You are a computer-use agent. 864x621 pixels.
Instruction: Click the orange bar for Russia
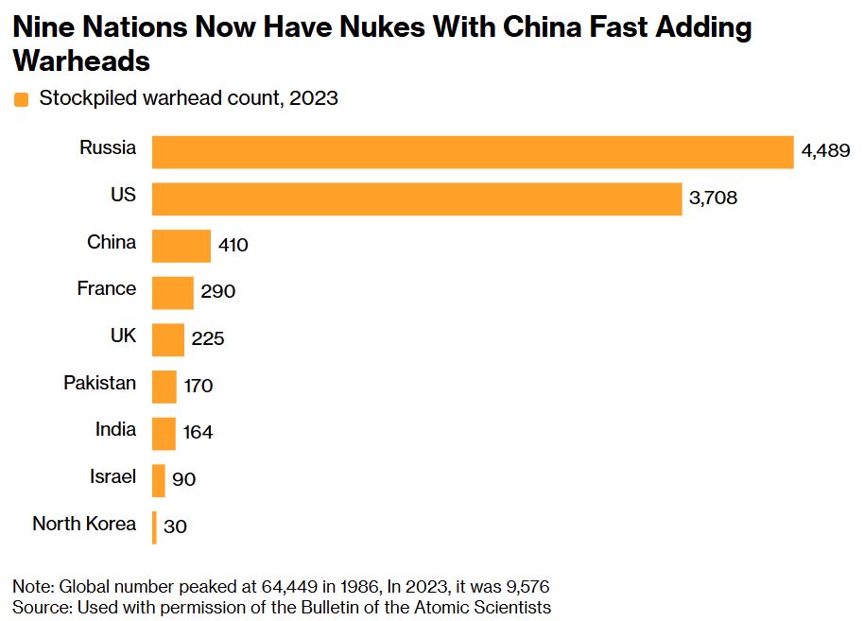tap(473, 152)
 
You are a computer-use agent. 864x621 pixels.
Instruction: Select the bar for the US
tap(417, 198)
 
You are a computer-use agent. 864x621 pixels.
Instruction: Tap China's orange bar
tap(181, 246)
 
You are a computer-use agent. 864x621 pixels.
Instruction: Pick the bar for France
tap(173, 292)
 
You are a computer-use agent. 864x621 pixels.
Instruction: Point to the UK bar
tap(168, 339)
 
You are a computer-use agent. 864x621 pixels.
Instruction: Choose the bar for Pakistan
tap(164, 387)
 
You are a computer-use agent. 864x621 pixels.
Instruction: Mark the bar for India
tap(164, 433)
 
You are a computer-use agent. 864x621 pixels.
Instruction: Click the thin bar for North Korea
tap(155, 527)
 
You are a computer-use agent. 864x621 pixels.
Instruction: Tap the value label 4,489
tap(826, 151)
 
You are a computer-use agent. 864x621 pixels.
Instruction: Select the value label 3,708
tap(714, 198)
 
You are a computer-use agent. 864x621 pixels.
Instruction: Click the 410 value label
tap(233, 246)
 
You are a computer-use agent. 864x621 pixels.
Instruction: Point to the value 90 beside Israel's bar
tap(184, 480)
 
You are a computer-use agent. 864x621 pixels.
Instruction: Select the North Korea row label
tap(84, 524)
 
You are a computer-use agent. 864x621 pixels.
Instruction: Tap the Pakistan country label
tap(99, 383)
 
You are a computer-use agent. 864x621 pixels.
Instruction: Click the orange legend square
tap(22, 99)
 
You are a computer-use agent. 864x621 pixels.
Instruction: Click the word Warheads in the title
tap(81, 61)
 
